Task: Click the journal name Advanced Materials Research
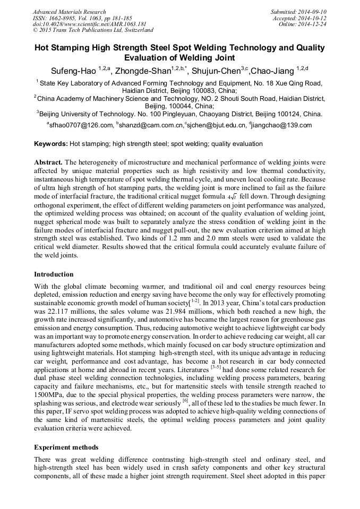point(69,12)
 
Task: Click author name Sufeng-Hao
point(73,71)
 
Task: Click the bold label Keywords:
point(51,144)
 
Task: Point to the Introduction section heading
point(54,274)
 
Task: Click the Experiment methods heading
point(66,447)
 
